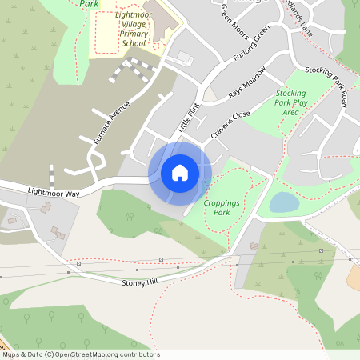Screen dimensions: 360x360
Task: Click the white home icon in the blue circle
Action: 180,172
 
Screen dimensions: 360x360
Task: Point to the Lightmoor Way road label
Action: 54,193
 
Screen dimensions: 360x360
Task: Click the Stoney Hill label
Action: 141,282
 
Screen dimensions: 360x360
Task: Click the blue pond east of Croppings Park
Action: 283,202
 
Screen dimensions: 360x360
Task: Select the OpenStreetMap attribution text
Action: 80,354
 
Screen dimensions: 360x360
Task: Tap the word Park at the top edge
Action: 89,3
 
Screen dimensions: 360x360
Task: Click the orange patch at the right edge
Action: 354,277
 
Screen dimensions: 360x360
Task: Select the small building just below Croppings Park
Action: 254,246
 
